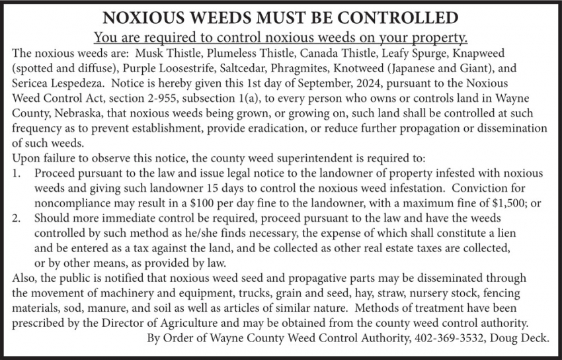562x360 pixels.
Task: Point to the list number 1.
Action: click(17, 174)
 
